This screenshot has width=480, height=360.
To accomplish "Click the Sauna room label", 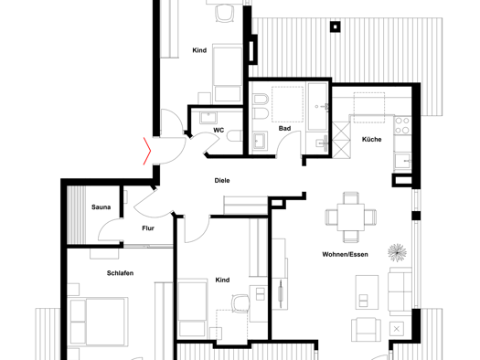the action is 101,207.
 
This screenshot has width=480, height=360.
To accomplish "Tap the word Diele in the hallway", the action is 222,181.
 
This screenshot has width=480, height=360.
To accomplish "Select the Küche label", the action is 371,139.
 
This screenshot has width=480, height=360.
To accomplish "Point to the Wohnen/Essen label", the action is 345,254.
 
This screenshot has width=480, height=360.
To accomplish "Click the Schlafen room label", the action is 120,273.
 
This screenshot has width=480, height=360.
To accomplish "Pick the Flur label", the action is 148,228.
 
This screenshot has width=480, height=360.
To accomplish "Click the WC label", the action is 219,131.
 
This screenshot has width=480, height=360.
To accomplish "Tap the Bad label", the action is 284,129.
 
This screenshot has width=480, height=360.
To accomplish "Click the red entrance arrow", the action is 147,151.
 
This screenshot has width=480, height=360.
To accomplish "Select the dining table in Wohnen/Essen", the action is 351,217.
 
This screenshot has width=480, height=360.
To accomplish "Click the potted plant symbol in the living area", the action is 397,253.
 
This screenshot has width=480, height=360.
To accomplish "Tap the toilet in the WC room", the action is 235,136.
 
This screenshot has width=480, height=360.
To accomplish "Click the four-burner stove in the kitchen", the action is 402,125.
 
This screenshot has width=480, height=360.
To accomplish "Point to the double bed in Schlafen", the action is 99,322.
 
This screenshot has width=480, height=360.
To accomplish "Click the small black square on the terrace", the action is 336,26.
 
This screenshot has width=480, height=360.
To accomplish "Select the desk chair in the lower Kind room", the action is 240,303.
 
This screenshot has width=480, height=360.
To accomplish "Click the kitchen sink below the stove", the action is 402,161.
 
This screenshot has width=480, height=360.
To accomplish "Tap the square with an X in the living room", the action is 397,329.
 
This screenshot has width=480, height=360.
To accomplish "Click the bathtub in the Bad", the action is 317,106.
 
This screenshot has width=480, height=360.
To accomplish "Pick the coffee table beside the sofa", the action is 367,292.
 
